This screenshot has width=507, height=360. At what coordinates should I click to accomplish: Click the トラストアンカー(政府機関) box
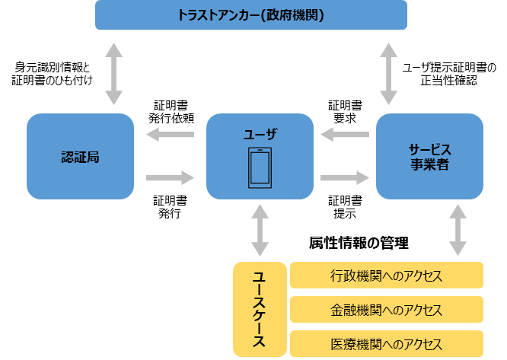250,15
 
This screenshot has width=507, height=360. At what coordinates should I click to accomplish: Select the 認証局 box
80,157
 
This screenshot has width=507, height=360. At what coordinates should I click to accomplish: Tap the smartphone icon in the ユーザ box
260,168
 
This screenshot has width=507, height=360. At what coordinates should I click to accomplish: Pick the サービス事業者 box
429,156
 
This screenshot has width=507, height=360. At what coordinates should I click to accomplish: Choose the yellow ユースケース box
260,309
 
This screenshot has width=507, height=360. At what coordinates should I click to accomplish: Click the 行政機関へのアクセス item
387,276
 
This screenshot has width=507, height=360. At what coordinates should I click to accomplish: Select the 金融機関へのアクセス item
387,310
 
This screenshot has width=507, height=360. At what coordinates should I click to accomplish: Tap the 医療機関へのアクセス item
387,344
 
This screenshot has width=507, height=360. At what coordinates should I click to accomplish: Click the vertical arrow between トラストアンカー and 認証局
113,73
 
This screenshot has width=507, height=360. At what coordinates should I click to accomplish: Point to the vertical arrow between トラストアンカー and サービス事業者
389,73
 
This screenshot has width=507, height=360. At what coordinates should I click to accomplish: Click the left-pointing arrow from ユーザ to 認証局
170,135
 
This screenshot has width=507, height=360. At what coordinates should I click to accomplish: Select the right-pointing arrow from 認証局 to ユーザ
170,177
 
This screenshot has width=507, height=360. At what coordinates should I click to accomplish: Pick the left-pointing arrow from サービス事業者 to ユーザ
345,135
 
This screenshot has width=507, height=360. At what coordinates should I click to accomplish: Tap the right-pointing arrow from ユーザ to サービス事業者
345,177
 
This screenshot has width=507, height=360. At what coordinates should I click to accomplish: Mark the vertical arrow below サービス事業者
458,229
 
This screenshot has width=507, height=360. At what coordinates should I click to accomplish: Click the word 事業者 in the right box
429,164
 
